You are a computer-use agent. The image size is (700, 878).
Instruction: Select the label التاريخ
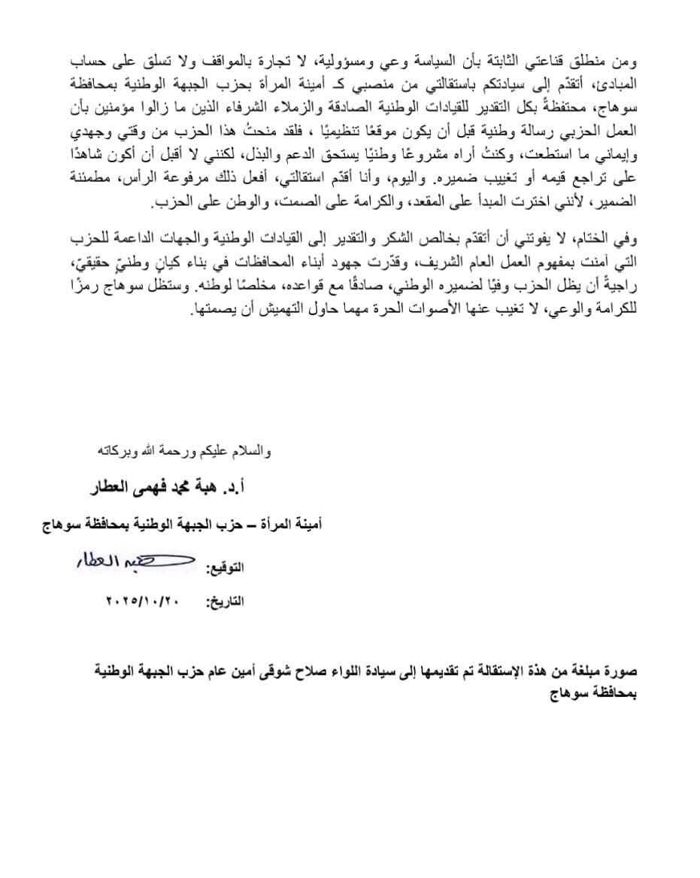point(228,601)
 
